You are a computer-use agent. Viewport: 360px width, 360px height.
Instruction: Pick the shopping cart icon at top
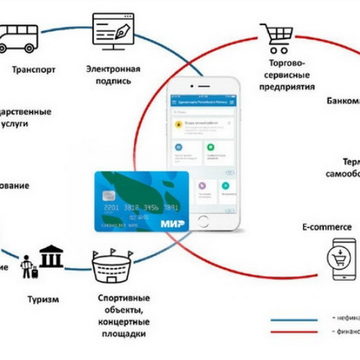(x=278, y=38)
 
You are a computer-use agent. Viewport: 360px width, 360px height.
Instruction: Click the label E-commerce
(x=326, y=228)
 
